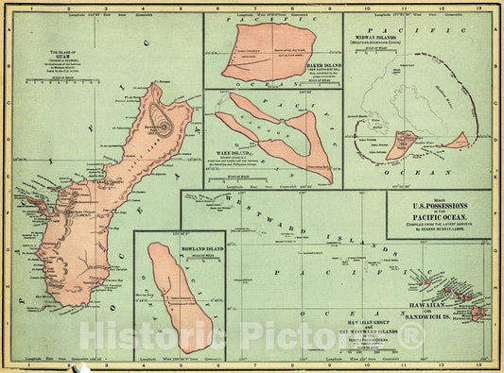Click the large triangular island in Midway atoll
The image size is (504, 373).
[401, 144]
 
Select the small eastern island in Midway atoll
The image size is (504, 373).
[457, 141]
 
